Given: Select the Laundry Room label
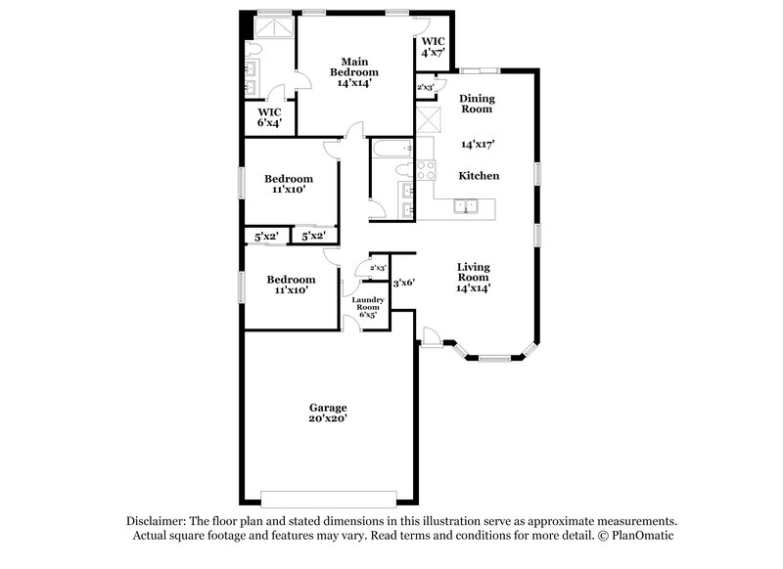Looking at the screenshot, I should pyautogui.click(x=368, y=304).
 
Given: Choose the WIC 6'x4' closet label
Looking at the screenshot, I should pyautogui.click(x=270, y=117).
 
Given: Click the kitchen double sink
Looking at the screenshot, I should pyautogui.click(x=464, y=206).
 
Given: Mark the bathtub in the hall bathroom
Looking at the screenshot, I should pyautogui.click(x=390, y=150).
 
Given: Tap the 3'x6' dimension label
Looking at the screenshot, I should pyautogui.click(x=403, y=283).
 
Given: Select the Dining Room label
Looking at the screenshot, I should pyautogui.click(x=478, y=104).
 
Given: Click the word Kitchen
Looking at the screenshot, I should pyautogui.click(x=480, y=176).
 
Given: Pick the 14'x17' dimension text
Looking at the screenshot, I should pyautogui.click(x=478, y=144).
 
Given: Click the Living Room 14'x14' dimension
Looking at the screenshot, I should pyautogui.click(x=475, y=287).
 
